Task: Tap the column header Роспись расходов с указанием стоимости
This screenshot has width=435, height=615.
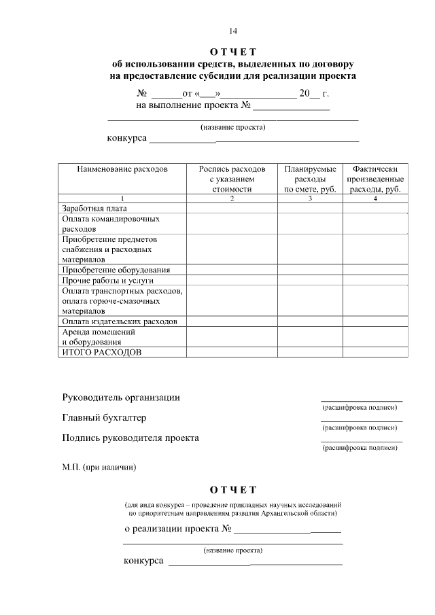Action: [x=232, y=179]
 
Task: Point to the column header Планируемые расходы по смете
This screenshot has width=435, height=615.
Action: [x=310, y=179]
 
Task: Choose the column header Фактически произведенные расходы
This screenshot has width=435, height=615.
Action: [x=375, y=179]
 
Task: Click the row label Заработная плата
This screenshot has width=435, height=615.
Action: [x=94, y=209]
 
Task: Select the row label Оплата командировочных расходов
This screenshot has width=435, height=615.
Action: [x=110, y=224]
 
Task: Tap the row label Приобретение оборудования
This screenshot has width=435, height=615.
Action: [x=116, y=270]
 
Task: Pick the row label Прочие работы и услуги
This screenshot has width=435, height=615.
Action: [x=107, y=280]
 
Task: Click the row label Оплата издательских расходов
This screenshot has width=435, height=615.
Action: [x=120, y=321]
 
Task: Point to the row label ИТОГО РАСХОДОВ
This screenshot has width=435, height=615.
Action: [x=102, y=353]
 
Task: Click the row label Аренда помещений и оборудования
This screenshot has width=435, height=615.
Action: [x=99, y=337]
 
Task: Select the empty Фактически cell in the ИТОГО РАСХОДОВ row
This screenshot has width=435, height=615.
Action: [x=375, y=353]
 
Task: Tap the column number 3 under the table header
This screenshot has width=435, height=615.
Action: [x=310, y=198]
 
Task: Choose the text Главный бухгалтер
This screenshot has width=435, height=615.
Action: [x=104, y=418]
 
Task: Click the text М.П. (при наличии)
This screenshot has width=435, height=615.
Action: [x=99, y=467]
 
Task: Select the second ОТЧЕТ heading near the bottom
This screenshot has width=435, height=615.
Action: [x=233, y=490]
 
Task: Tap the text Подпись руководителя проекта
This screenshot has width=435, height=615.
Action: [x=130, y=438]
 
